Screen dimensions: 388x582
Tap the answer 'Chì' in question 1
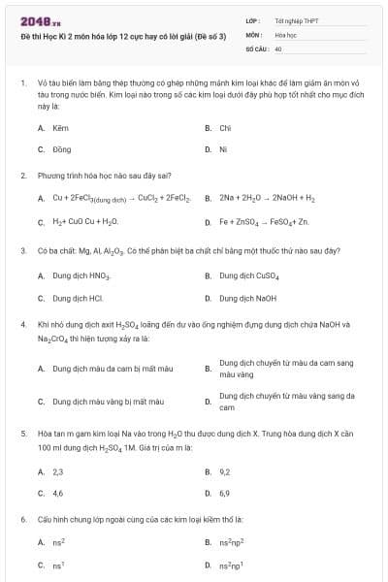(x=225, y=127)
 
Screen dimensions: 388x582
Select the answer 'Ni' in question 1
(x=223, y=149)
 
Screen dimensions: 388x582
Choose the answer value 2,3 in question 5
(x=58, y=471)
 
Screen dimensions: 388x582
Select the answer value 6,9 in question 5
(x=225, y=493)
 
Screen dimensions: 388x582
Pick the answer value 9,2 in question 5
(x=225, y=471)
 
